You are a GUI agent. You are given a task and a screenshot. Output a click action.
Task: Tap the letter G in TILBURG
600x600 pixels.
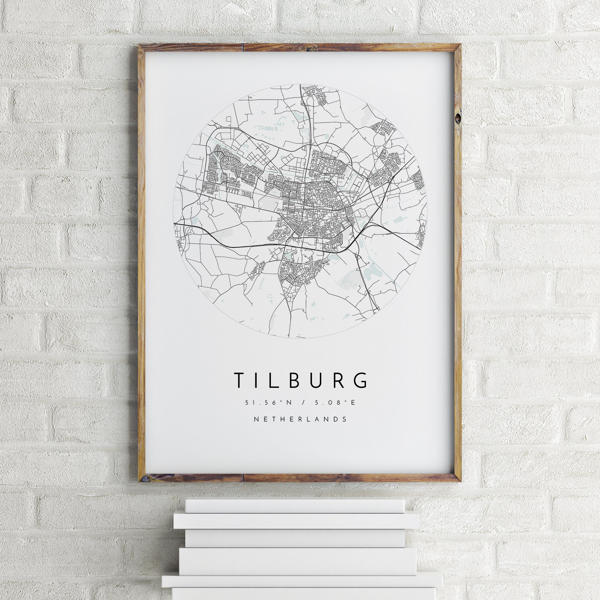click(361, 380)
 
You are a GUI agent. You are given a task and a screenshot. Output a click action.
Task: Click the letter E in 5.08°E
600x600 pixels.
click(352, 403)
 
